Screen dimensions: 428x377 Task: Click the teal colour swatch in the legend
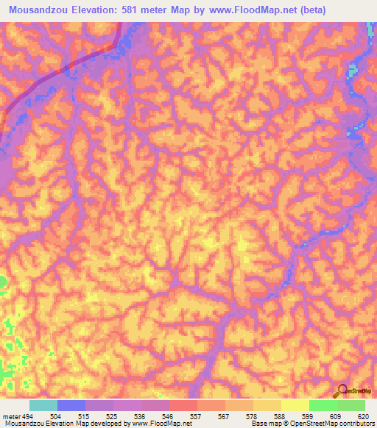coord(43,405)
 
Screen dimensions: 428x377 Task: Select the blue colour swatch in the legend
coord(71,405)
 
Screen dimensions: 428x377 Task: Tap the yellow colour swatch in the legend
coord(295,405)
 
